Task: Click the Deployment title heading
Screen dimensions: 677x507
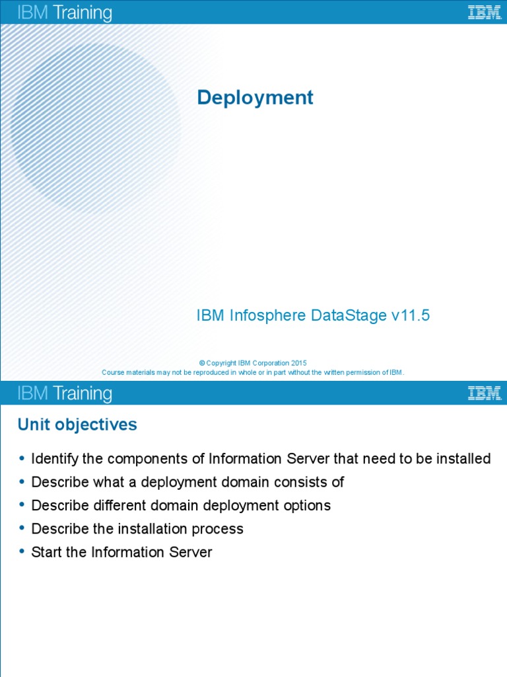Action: [255, 98]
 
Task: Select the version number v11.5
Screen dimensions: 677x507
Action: [411, 316]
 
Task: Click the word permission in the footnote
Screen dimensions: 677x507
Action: [358, 372]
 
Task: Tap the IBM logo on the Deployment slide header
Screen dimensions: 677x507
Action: [484, 12]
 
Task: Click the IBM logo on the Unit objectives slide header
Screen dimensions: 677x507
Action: [484, 393]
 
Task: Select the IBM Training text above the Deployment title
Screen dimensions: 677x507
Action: [64, 13]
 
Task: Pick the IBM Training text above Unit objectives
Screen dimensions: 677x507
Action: [64, 394]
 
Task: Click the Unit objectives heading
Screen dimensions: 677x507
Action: [77, 424]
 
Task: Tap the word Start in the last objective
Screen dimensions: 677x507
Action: [47, 552]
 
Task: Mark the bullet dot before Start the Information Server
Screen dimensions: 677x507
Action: [22, 551]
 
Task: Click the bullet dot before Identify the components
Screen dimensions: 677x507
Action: [22, 458]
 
